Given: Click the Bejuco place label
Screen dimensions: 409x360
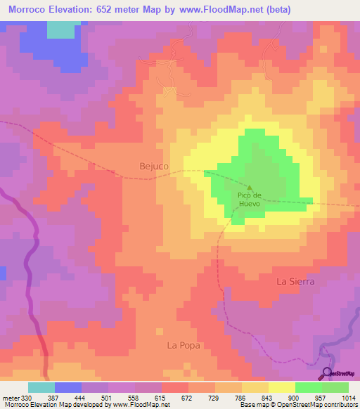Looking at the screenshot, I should coord(146,166).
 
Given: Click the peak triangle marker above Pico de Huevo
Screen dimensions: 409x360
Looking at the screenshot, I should coord(249,187).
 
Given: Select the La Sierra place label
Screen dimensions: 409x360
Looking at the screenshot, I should coord(295,280).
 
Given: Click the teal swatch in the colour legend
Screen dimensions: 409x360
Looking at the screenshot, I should coord(41,387).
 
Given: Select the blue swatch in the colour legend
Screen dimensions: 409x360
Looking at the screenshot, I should coord(68,387).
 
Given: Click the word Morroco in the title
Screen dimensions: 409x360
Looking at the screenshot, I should coord(34,10).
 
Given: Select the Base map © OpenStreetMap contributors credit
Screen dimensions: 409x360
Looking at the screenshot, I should coord(298,405).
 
